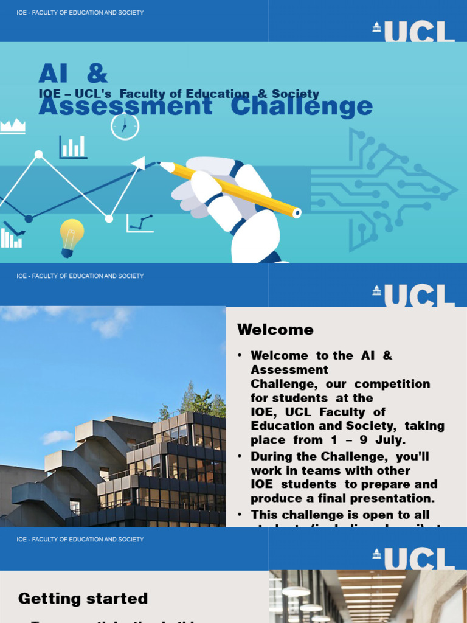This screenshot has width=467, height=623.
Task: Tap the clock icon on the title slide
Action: [x=125, y=127]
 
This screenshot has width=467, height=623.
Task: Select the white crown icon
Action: [x=13, y=126]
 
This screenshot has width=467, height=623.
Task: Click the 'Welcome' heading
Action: [x=275, y=330]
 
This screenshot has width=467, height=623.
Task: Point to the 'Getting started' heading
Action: [x=83, y=599]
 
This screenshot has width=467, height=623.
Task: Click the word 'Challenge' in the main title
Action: [x=302, y=106]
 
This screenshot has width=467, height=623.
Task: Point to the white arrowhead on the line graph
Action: [x=139, y=163]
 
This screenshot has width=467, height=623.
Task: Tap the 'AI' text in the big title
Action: [x=52, y=74]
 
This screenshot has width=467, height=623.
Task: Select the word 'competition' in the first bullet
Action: [x=392, y=384]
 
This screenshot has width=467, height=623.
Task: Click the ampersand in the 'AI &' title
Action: [x=97, y=74]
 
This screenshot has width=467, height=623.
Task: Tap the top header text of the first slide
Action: [x=80, y=12]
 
